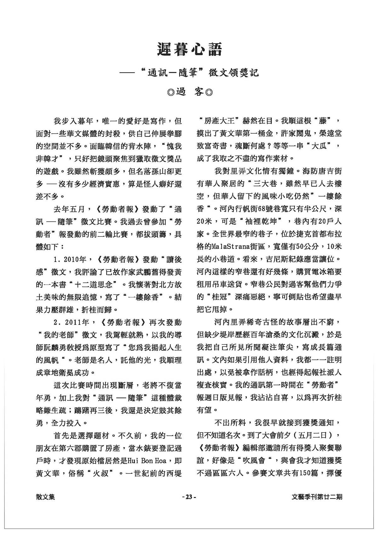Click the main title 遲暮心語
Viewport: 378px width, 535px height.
pos(189,50)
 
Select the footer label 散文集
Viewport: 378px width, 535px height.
pos(45,497)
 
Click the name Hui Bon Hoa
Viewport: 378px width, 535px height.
pos(147,461)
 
